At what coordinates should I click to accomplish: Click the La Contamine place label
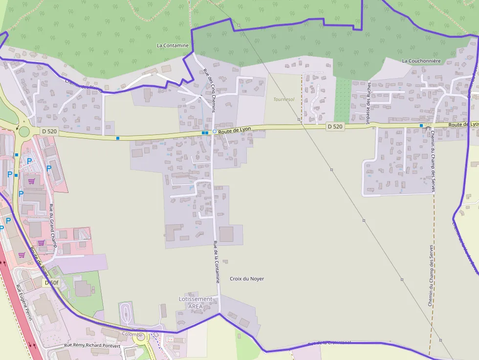click(x=173, y=45)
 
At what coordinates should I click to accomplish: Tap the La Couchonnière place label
click(x=421, y=61)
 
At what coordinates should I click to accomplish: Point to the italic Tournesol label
click(x=284, y=99)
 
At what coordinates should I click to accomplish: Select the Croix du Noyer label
click(x=247, y=279)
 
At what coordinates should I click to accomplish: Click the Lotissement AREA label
click(x=196, y=302)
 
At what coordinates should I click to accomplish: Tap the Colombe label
click(x=132, y=335)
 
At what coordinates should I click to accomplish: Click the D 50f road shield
click(x=51, y=283)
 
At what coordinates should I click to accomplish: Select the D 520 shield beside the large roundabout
click(x=49, y=131)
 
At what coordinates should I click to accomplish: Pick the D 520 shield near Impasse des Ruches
click(x=335, y=127)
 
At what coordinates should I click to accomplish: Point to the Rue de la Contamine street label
click(x=216, y=262)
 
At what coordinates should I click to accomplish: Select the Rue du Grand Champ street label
click(x=53, y=226)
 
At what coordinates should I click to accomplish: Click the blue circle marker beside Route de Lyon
click(x=214, y=131)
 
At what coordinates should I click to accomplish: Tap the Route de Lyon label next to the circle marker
click(x=235, y=129)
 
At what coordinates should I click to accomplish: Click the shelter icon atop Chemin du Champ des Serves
click(x=428, y=126)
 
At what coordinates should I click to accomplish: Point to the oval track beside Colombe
click(x=126, y=313)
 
